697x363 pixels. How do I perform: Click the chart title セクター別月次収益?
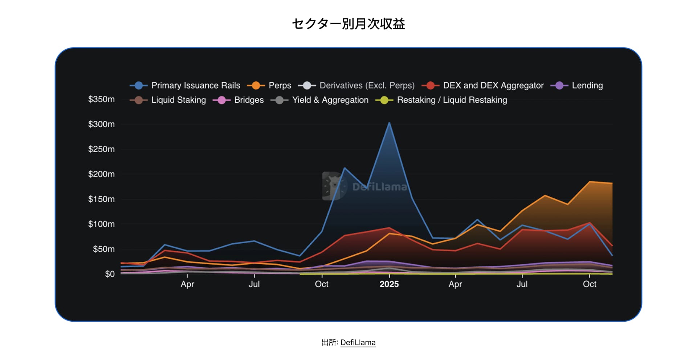tap(348, 24)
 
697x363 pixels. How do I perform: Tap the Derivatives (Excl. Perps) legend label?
tap(367, 86)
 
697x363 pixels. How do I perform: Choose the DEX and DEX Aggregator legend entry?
tap(493, 86)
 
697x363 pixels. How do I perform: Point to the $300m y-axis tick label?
tap(101, 124)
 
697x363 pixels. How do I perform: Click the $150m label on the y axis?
tap(101, 199)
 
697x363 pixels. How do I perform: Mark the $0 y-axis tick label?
tap(110, 274)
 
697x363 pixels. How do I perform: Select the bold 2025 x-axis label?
tap(389, 284)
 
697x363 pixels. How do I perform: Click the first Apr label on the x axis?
tap(187, 284)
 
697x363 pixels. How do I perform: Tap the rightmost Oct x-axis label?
tap(590, 284)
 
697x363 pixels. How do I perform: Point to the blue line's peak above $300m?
tap(390, 123)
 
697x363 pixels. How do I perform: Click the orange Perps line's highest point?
tap(590, 182)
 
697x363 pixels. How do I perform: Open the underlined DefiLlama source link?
tap(358, 343)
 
